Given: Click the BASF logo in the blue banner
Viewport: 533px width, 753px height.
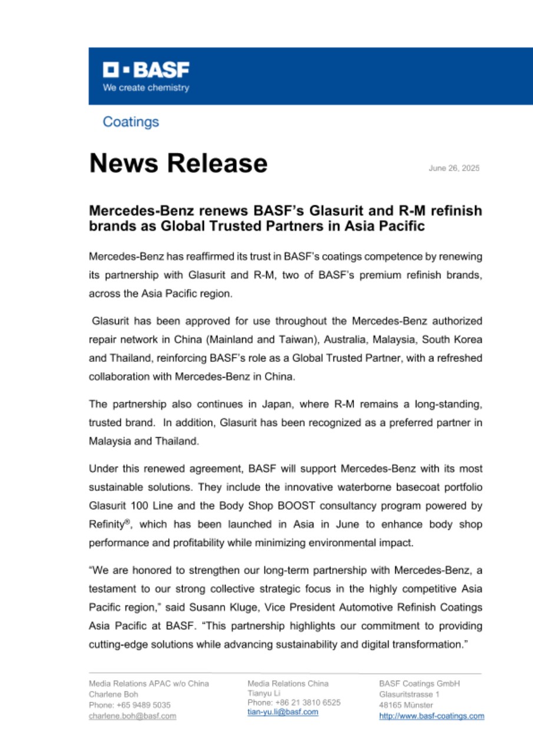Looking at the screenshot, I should click(146, 71).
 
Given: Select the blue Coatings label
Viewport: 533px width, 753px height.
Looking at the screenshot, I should click(131, 122).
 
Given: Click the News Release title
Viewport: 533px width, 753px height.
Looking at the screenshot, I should click(178, 163).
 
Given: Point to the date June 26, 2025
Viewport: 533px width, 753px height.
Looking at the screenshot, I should click(454, 168).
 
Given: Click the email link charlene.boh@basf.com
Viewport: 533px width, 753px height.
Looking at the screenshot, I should click(133, 716).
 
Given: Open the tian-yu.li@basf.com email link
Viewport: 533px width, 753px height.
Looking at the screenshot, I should click(283, 712).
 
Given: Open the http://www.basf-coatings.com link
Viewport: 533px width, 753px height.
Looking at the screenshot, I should click(431, 716).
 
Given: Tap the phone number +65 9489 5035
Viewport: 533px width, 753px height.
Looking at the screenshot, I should click(141, 705).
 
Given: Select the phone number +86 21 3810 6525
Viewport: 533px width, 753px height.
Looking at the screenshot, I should click(307, 702).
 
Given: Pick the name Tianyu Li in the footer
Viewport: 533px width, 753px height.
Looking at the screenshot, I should click(264, 693).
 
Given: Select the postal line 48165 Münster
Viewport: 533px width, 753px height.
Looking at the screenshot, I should click(406, 705).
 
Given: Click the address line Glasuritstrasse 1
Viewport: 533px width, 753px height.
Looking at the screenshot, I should click(409, 694).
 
